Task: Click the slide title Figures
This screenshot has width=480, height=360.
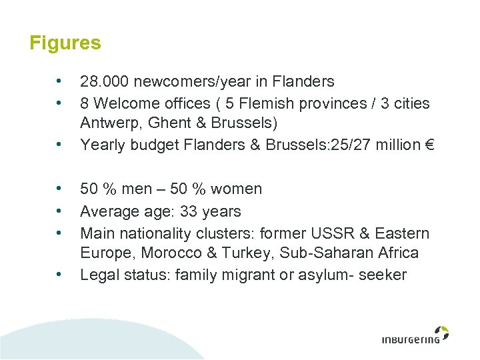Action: [x=65, y=43]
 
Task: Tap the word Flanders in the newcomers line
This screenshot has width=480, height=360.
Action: [x=303, y=82]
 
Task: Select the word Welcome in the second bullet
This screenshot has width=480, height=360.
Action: [x=124, y=104]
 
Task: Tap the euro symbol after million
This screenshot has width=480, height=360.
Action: [x=428, y=145]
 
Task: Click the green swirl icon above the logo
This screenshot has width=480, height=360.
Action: [x=441, y=332]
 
